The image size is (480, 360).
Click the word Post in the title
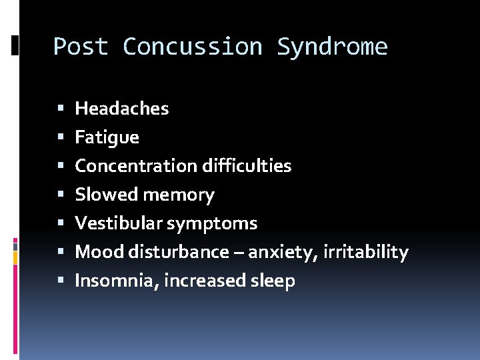[81, 47]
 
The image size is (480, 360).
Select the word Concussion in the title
[193, 47]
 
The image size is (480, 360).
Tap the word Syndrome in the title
[332, 47]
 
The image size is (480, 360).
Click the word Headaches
[122, 108]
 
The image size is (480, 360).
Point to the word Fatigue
[107, 137]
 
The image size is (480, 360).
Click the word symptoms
[211, 224]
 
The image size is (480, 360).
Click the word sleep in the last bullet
[271, 281]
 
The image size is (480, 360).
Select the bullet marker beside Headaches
[60, 109]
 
